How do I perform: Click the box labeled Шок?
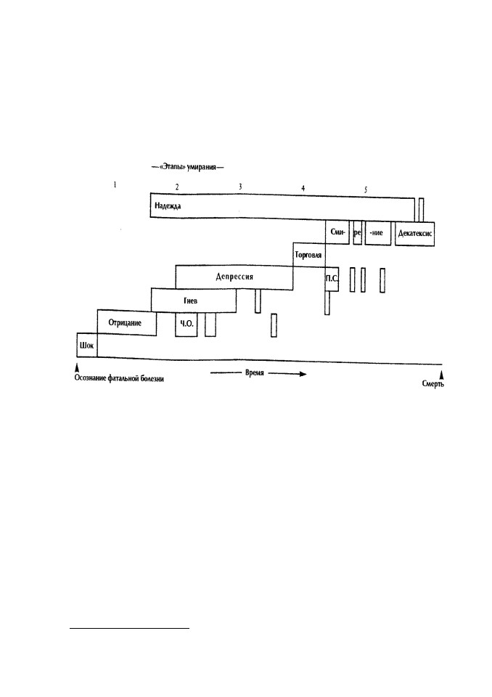(x=86, y=345)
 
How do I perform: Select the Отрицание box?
(x=127, y=322)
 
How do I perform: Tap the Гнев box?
(x=194, y=301)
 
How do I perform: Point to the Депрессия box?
(x=234, y=277)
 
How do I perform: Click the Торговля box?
(x=309, y=255)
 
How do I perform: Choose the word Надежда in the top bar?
(x=168, y=205)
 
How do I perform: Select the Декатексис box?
(x=414, y=233)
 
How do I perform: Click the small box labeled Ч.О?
(x=186, y=325)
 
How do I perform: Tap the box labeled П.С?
(x=332, y=279)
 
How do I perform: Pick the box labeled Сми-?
(x=337, y=232)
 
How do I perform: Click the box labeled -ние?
(x=378, y=232)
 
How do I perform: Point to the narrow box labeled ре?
(x=357, y=232)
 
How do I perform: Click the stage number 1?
(x=115, y=184)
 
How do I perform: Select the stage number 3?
(x=240, y=187)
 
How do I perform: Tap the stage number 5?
(x=366, y=189)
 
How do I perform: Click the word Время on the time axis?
(x=255, y=372)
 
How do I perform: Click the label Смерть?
(x=433, y=383)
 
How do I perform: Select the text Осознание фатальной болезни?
(x=119, y=379)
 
